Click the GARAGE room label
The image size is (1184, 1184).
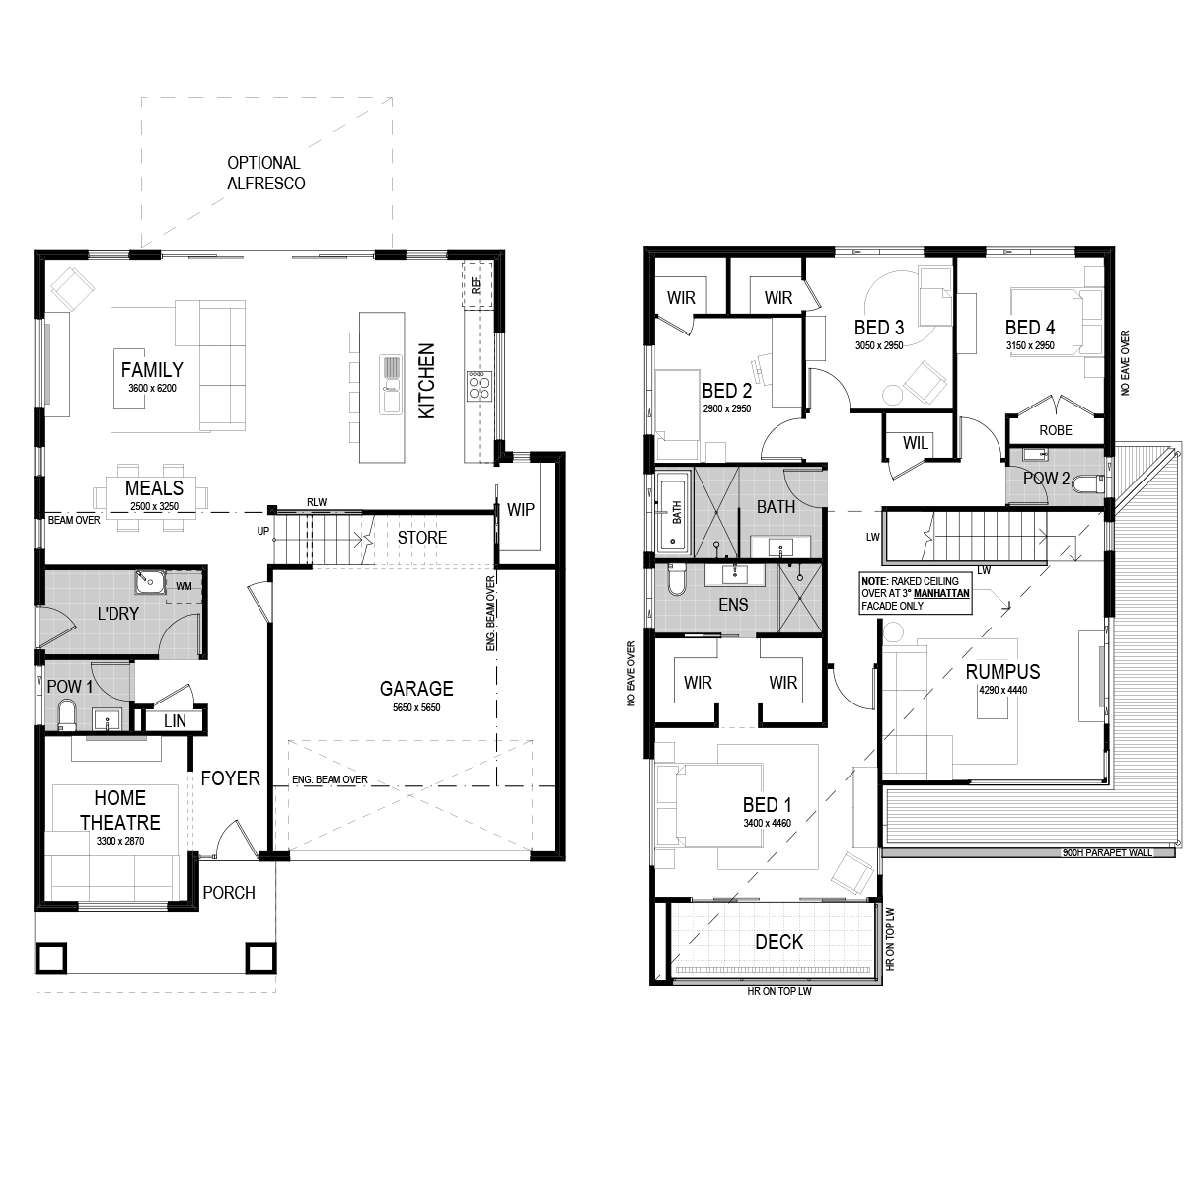(x=416, y=688)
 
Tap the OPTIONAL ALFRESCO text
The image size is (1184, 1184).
(x=265, y=173)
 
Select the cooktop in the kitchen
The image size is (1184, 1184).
(x=479, y=386)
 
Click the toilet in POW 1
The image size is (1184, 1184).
(x=66, y=715)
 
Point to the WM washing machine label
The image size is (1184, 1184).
(x=184, y=586)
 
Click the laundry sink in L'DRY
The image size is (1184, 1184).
(x=149, y=582)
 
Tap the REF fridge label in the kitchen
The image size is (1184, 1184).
(x=477, y=284)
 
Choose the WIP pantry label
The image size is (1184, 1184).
(x=520, y=509)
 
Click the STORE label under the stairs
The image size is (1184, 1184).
(x=422, y=537)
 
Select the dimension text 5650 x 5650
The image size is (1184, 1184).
(x=416, y=707)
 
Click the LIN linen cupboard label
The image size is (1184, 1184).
(x=175, y=720)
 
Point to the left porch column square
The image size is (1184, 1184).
(x=50, y=958)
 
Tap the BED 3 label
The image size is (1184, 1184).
(x=879, y=327)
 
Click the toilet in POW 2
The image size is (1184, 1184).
(x=1088, y=484)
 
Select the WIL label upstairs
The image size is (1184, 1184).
(x=915, y=442)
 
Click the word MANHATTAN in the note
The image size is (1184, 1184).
(x=941, y=594)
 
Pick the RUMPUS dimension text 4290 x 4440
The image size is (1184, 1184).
(x=1002, y=690)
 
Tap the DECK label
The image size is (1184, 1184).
(x=778, y=942)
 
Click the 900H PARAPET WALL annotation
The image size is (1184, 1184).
(x=1107, y=852)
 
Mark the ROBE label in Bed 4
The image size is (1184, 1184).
(x=1056, y=430)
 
